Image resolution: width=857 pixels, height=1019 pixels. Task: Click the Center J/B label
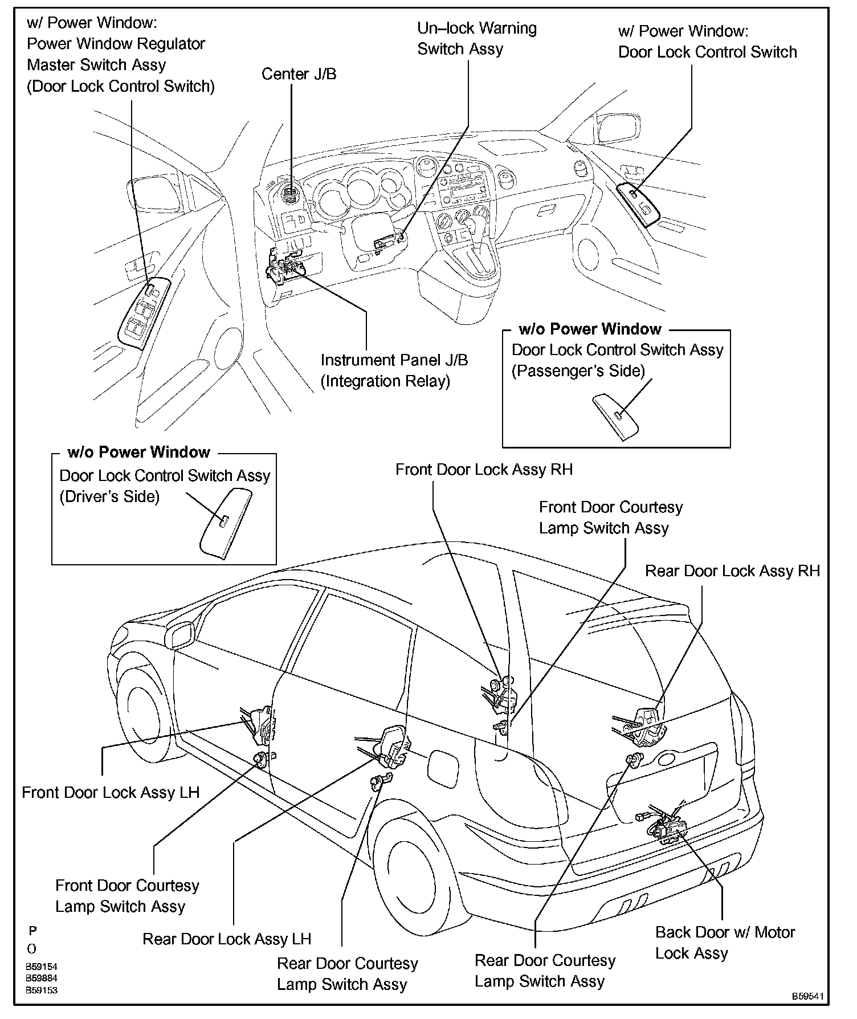click(x=299, y=74)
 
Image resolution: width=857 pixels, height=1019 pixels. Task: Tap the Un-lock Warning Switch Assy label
click(x=476, y=39)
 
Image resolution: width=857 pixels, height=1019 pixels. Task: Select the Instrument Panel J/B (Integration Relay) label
click(x=394, y=370)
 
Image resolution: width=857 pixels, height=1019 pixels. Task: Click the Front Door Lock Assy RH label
click(x=484, y=470)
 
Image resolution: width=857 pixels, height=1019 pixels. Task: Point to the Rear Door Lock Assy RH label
click(x=732, y=571)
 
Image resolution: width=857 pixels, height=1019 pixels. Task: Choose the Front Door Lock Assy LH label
click(x=111, y=793)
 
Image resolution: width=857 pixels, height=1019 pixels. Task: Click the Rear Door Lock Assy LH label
click(x=227, y=939)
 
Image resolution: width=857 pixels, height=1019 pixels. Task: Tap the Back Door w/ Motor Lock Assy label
click(x=725, y=943)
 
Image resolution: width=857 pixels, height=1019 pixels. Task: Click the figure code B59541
click(x=807, y=996)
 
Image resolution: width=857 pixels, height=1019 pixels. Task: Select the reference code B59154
click(x=41, y=967)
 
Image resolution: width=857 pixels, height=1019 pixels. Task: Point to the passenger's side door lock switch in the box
click(x=618, y=416)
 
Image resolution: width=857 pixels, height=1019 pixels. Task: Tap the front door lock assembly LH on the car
click(x=261, y=725)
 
